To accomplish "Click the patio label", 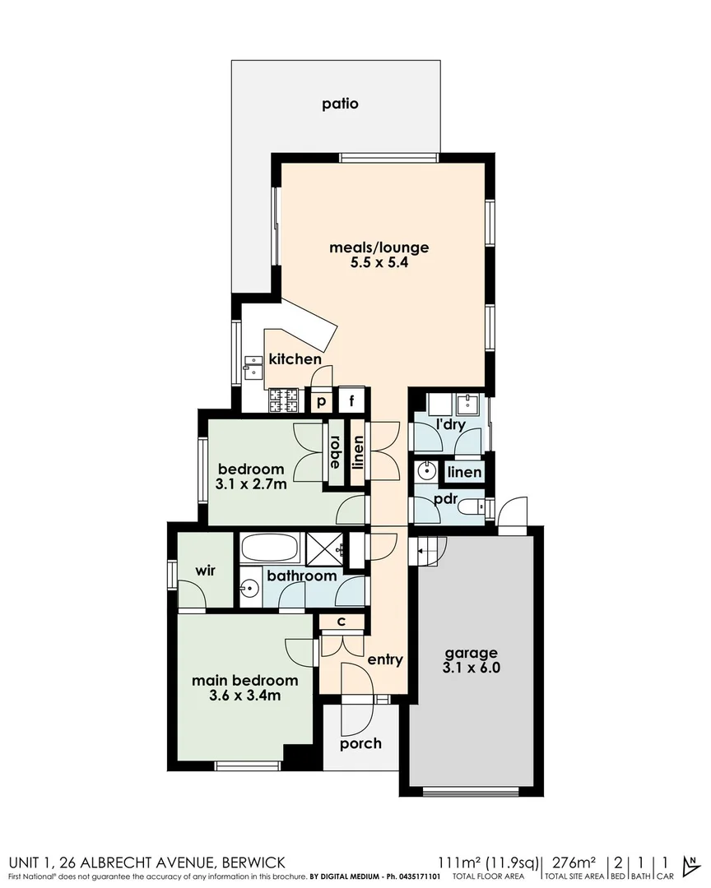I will coord(340,104).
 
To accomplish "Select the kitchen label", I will coord(295,359).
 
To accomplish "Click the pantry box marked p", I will coord(321,401).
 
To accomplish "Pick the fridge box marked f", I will coord(352,401).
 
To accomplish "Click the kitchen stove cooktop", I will coord(283,399).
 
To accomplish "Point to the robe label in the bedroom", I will coord(336,451).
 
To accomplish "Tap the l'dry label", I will coord(450,425).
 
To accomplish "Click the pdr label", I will coord(445,499).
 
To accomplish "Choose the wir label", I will coord(205,571).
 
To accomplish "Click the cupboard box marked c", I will coord(339,622).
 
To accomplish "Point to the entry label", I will coord(385,659).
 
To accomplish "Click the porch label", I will coord(360,743).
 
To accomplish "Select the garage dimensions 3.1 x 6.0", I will coord(470,668).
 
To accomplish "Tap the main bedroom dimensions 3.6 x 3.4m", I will coord(244,696).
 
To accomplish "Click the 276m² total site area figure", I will coord(574,863).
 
